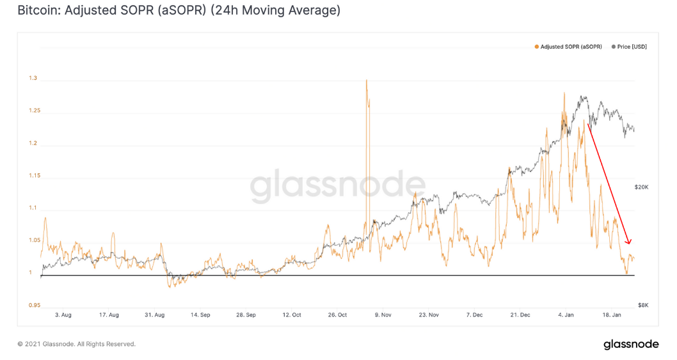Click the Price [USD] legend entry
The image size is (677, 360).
(x=630, y=47)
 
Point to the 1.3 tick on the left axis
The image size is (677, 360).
(x=33, y=78)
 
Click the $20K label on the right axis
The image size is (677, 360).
(x=641, y=187)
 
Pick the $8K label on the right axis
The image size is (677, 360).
(x=643, y=305)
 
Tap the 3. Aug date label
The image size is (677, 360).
(x=63, y=315)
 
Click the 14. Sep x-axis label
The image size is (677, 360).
(x=200, y=315)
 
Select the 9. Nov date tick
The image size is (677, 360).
(x=383, y=315)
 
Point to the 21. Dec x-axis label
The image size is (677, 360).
(x=520, y=315)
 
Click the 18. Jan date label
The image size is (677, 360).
(x=612, y=315)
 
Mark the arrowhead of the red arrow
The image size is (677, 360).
(x=629, y=242)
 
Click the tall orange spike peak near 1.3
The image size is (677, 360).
(x=367, y=81)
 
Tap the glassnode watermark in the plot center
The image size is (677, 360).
(x=337, y=186)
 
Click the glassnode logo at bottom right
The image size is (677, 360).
(x=630, y=344)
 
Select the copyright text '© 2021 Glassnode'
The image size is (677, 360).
(x=76, y=344)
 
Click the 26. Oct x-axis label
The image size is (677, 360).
(x=337, y=315)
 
